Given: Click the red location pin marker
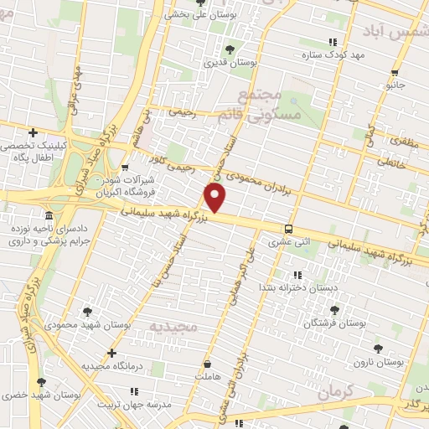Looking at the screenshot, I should click(x=215, y=198).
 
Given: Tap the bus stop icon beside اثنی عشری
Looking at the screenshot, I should click(x=288, y=229).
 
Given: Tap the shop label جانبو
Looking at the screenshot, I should click(x=395, y=85).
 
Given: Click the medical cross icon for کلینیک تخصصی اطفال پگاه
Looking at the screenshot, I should click(x=33, y=132).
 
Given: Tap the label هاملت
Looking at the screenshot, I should click(x=204, y=378).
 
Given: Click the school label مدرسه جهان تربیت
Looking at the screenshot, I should click(x=136, y=403).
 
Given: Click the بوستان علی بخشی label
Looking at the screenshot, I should click(x=201, y=13).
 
